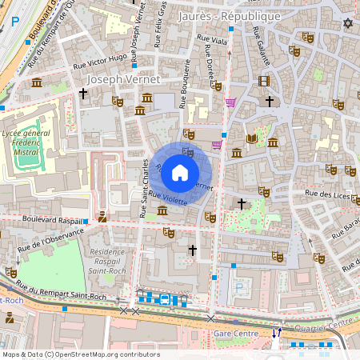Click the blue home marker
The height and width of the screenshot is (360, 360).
click(x=180, y=172)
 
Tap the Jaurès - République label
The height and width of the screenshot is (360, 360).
click(x=230, y=16)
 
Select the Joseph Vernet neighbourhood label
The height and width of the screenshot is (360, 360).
click(x=122, y=80)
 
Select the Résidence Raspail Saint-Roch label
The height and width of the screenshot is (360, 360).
click(x=117, y=261)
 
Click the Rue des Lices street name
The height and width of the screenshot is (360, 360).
click(x=328, y=194)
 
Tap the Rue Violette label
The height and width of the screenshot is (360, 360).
click(x=168, y=198)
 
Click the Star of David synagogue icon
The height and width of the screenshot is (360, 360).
click(x=347, y=23)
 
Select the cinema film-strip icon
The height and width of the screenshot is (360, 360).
click(x=264, y=80)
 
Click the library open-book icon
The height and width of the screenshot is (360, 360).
click(x=252, y=139)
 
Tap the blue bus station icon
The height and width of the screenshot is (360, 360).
click(x=164, y=299)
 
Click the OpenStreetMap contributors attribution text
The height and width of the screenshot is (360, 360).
click(x=80, y=354)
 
